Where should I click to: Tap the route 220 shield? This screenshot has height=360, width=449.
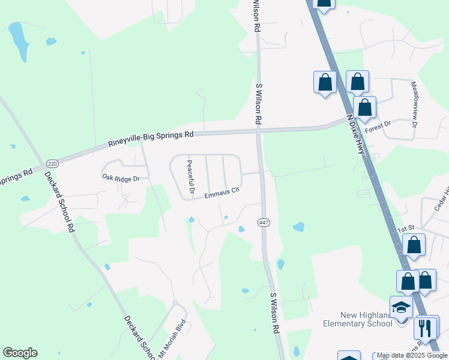(x=52, y=163)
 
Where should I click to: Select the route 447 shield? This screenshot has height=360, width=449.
(x=263, y=223)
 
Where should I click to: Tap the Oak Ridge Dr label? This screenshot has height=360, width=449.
(x=120, y=178)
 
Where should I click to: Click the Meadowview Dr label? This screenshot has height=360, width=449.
(x=414, y=106)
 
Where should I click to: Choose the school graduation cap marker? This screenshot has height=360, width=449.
(x=401, y=308)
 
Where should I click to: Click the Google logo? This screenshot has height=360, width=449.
(x=20, y=353)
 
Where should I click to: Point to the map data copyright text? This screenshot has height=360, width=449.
(x=412, y=355)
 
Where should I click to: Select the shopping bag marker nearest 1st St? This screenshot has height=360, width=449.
(x=414, y=245)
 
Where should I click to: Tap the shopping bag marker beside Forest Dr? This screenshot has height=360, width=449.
(x=364, y=108)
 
